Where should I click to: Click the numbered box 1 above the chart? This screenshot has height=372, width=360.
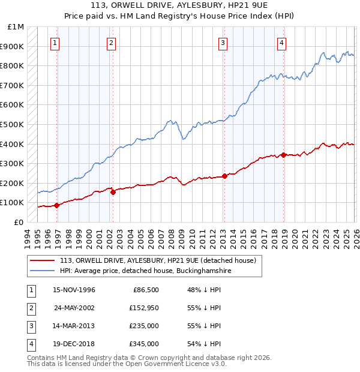pyautogui.click(x=55, y=43)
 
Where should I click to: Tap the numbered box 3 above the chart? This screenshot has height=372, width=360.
pyautogui.click(x=223, y=43)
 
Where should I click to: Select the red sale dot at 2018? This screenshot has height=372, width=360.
pyautogui.click(x=283, y=155)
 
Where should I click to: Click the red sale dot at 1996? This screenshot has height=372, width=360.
pyautogui.click(x=57, y=205)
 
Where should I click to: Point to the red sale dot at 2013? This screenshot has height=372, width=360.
pyautogui.click(x=224, y=176)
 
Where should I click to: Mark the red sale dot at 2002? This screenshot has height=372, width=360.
pyautogui.click(x=113, y=192)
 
